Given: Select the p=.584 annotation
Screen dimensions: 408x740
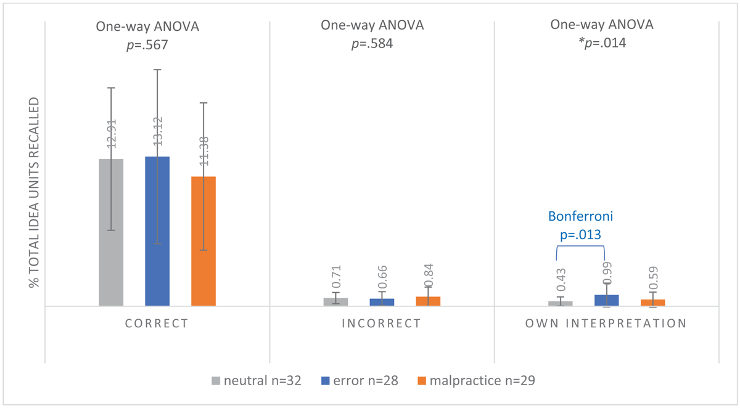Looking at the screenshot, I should click(x=372, y=44).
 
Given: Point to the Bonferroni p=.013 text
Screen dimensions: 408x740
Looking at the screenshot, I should click(x=580, y=234).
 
